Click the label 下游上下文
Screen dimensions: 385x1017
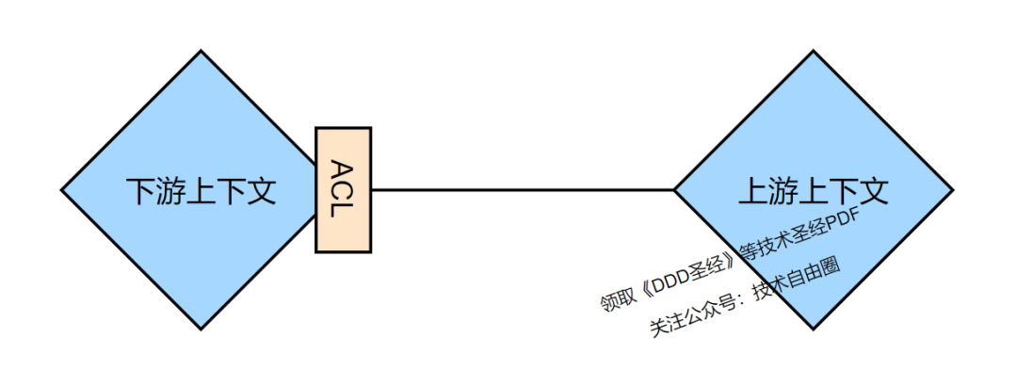coord(201,191)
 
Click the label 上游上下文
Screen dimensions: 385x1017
coord(813,191)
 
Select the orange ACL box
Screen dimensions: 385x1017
coord(344,189)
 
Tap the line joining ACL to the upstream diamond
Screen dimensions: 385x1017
coord(523,189)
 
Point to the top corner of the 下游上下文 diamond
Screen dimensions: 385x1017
coord(201,52)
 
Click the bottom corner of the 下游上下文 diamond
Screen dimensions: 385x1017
coord(201,329)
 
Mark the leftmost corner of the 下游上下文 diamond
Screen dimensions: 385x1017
coord(62,190)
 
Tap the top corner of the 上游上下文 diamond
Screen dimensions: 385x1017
coord(813,52)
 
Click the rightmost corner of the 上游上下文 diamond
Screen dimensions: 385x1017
coord(952,190)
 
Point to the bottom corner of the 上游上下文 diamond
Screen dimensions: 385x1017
coord(813,329)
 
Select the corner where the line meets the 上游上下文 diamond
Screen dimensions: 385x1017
coord(674,189)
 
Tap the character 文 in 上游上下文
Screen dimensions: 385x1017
coord(873,191)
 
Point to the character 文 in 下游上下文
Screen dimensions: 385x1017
coord(261,191)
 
